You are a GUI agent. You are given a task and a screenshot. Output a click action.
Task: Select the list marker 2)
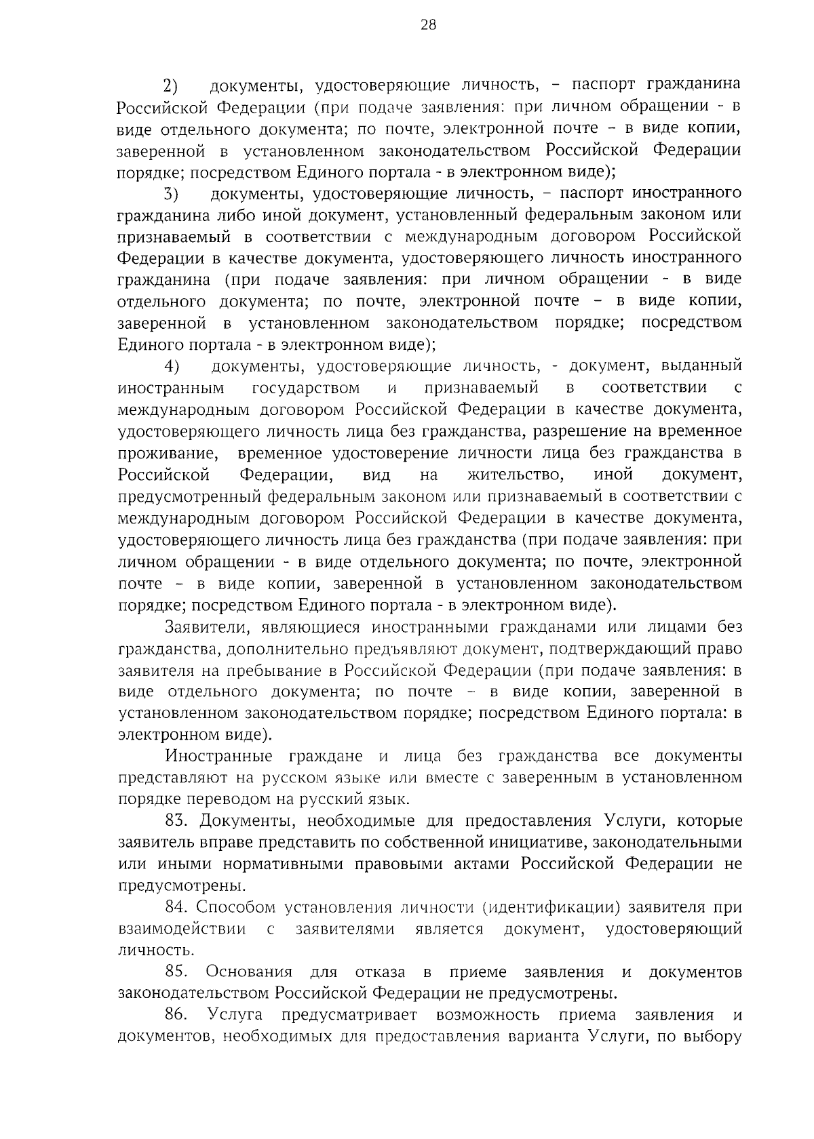click(x=170, y=85)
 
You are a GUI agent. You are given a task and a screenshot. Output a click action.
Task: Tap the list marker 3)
click(x=170, y=194)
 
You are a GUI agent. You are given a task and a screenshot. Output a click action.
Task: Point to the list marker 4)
click(x=171, y=367)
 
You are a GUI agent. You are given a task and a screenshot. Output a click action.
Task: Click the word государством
click(x=306, y=388)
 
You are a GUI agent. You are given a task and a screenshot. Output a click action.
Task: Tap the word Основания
click(x=249, y=972)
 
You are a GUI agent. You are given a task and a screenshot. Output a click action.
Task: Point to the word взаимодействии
click(x=182, y=929)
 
